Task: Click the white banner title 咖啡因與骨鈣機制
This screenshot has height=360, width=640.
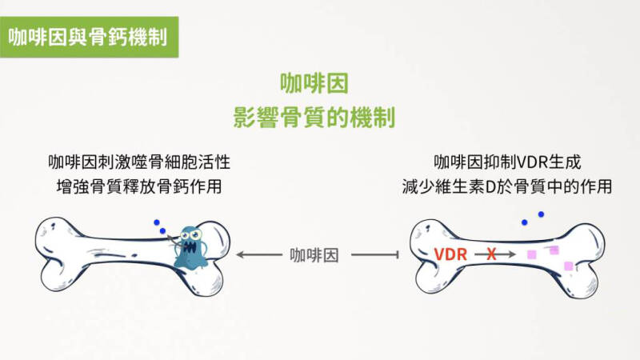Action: pos(88,37)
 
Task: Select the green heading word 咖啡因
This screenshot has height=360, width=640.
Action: pos(314,83)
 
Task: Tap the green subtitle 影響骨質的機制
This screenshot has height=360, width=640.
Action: pos(314,117)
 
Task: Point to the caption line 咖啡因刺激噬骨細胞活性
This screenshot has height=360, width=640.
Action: pos(139,162)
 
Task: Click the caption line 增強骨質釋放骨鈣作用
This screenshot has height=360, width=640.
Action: pos(139,186)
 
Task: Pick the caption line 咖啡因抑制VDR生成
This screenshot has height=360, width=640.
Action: pos(507,162)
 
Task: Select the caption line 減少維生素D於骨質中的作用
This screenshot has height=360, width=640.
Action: pos(507,186)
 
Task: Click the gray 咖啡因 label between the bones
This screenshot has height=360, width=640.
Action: pos(314,255)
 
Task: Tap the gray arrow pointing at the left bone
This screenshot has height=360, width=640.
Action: pos(259,254)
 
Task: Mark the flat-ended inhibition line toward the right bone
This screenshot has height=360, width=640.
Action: pos(374,255)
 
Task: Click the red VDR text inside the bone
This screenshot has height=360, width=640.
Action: pos(450,254)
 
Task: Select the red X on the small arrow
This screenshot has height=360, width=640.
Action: pos(491,254)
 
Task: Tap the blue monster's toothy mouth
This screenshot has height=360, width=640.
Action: pos(190,247)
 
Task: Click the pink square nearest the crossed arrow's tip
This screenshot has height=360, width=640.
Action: pos(531,254)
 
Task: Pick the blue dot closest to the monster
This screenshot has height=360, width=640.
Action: pos(162,231)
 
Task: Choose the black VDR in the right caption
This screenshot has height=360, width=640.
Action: pos(530,162)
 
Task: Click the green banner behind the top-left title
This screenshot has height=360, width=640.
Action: pos(89,37)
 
